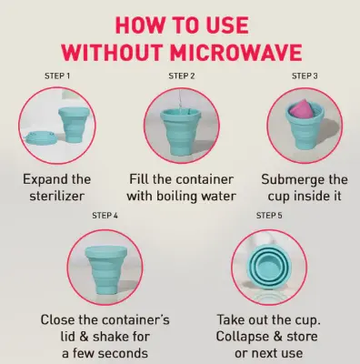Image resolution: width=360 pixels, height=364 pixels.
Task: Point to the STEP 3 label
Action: (303, 74)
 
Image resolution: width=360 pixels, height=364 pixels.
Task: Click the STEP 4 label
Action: (106, 215)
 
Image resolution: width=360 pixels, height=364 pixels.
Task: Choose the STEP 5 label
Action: (270, 215)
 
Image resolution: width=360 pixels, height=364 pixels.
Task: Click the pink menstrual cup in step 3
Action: (301, 114)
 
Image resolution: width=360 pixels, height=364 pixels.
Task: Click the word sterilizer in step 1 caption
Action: (56, 195)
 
